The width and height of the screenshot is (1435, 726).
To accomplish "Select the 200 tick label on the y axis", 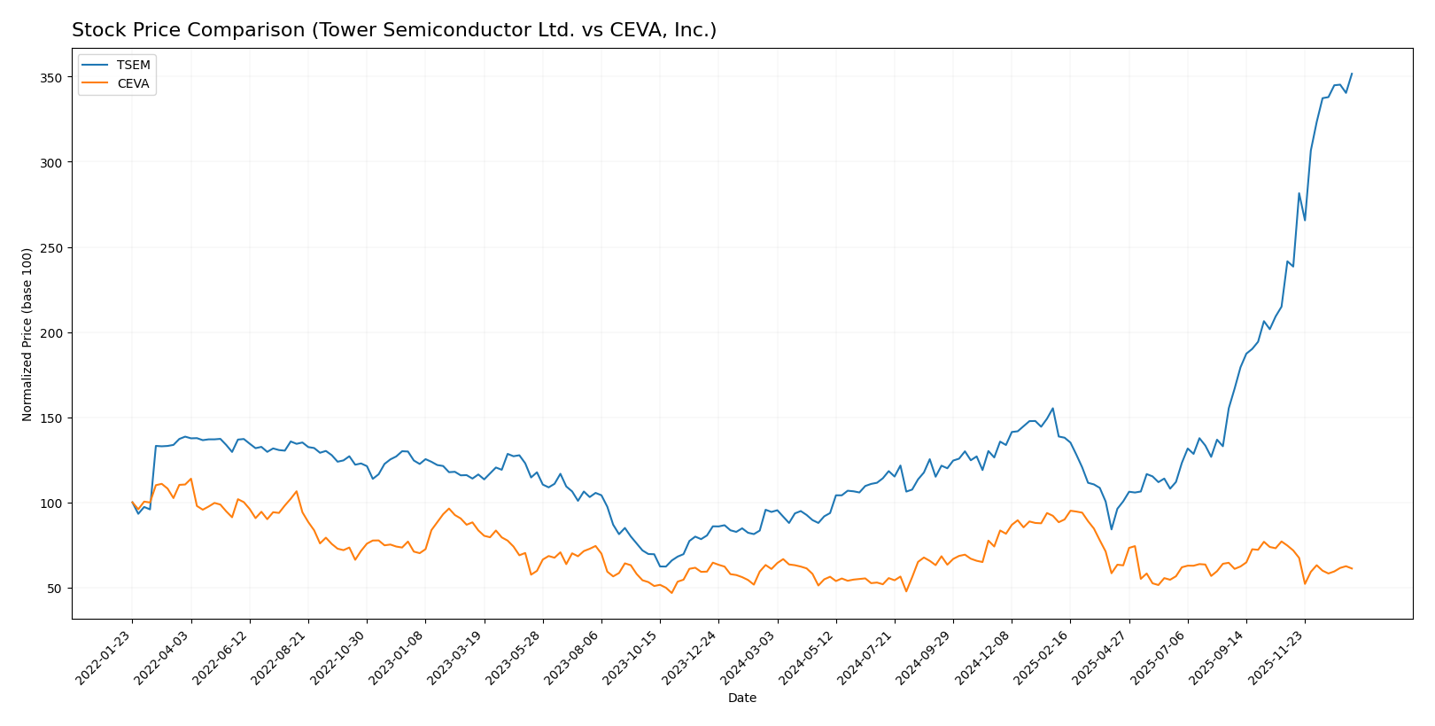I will click(51, 333).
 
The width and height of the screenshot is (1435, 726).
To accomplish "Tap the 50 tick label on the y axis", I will click(55, 589).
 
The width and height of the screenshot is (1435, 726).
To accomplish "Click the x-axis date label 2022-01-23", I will click(105, 658).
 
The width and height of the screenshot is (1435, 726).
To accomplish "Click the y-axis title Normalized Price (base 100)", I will click(27, 334).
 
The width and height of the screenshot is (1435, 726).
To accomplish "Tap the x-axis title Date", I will click(741, 699).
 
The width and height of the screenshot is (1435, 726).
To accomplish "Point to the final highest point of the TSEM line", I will click(1351, 74).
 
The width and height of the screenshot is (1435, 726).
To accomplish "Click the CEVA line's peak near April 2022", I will click(190, 479).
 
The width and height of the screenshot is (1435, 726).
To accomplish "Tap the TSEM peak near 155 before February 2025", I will click(1052, 409).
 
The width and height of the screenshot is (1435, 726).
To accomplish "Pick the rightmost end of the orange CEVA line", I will click(1352, 568).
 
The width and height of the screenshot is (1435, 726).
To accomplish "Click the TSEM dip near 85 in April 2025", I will click(1111, 529).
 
